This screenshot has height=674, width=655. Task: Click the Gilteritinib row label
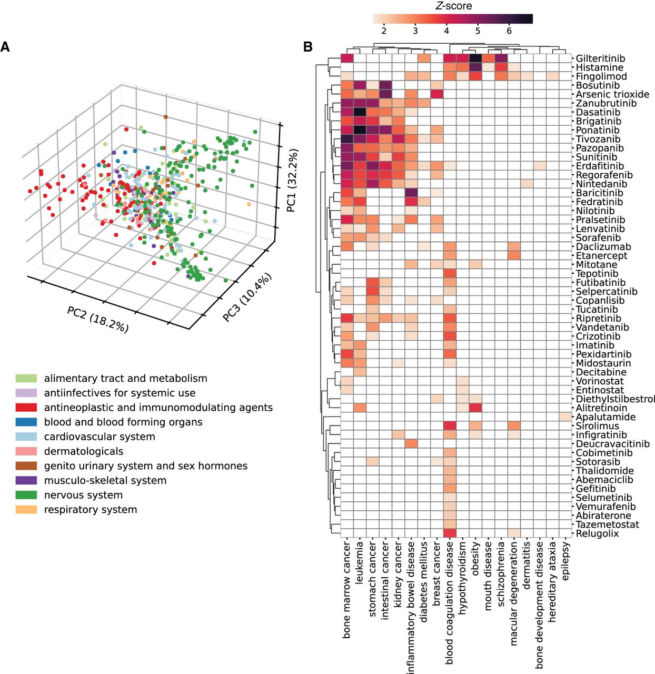[x=600, y=58]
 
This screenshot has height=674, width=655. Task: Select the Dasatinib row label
[x=598, y=112]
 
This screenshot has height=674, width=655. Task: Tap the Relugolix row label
[x=597, y=533]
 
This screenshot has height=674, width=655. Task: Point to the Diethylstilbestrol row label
[x=615, y=399]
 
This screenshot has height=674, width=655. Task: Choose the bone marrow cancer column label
[x=346, y=590]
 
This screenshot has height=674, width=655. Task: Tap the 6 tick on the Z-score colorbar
[x=509, y=31]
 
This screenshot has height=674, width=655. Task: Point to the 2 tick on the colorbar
[x=384, y=31]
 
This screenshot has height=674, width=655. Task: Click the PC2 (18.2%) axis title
[x=98, y=319]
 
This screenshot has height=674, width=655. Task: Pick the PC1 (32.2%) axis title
[x=292, y=181]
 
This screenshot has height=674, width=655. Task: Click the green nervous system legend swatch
[x=26, y=495]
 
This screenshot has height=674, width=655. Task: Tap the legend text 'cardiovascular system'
[x=100, y=437]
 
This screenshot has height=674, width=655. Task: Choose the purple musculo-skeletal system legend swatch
[x=26, y=480]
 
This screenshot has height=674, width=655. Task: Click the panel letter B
[x=308, y=47]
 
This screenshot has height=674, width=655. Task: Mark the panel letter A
[x=5, y=47]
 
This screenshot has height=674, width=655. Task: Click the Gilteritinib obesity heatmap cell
[x=475, y=58]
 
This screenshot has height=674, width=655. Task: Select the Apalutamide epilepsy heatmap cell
[x=565, y=417]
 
